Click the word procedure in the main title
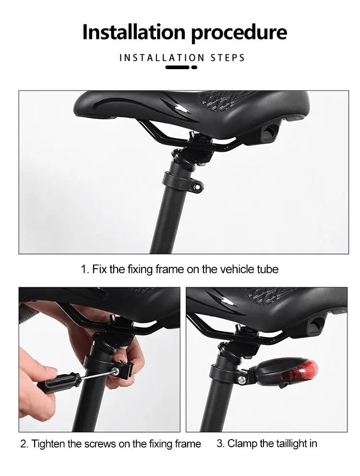pyautogui.click(x=240, y=33)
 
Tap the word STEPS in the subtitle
pyautogui.click(x=228, y=58)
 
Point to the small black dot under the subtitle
pyautogui.click(x=194, y=67)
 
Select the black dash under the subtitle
pyautogui.click(x=177, y=67)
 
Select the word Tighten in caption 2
pyautogui.click(x=48, y=444)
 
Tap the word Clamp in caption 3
pyautogui.click(x=242, y=443)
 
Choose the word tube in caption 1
pyautogui.click(x=268, y=269)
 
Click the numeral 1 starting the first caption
pyautogui.click(x=83, y=269)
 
